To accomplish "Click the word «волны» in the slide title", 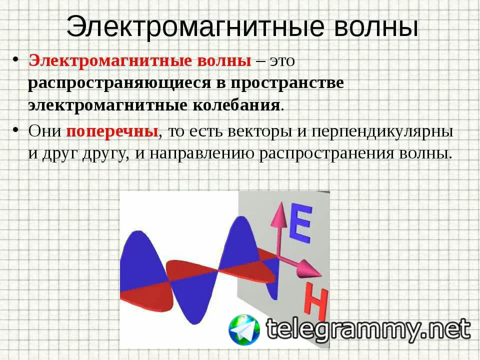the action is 375,26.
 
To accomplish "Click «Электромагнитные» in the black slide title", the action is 195,26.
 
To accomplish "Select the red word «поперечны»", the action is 112,131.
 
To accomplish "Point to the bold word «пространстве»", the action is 287,83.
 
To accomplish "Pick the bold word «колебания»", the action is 236,105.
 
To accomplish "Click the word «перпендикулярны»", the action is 382,131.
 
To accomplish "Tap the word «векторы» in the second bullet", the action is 260,132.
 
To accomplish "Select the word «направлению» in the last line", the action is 201,154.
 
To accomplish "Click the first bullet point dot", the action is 15,59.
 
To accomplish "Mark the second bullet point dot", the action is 15,129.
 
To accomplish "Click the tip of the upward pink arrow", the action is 280,202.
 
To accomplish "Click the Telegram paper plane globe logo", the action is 244,330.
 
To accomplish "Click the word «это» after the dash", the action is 282,61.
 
